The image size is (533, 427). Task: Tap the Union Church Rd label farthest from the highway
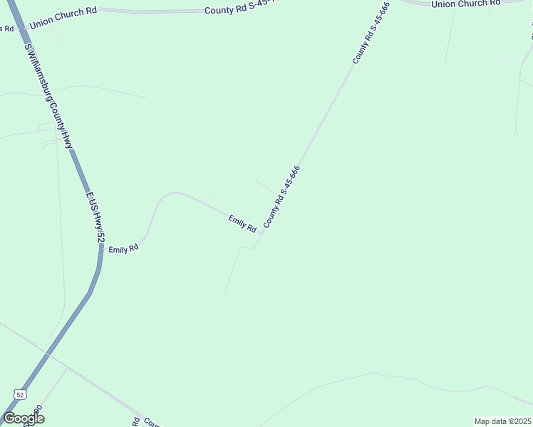click(x=463, y=4)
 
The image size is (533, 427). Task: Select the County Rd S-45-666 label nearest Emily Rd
click(x=281, y=197)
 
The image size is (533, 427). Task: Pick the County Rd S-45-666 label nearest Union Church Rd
click(x=371, y=33)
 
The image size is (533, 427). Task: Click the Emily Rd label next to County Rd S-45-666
click(x=242, y=223)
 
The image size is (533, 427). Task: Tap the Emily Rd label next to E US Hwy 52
click(x=123, y=249)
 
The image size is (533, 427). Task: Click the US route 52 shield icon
click(x=19, y=394)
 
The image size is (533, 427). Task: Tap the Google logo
click(x=24, y=418)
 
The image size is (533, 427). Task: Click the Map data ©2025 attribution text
click(x=502, y=421)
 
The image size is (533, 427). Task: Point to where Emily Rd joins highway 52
click(x=100, y=251)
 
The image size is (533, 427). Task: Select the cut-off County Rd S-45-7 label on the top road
click(x=242, y=10)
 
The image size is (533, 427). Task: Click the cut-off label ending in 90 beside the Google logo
click(x=36, y=414)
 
